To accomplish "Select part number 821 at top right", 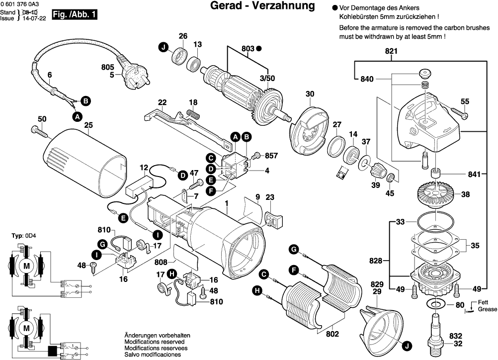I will point(392,51).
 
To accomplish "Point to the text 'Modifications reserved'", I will point(154,342).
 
